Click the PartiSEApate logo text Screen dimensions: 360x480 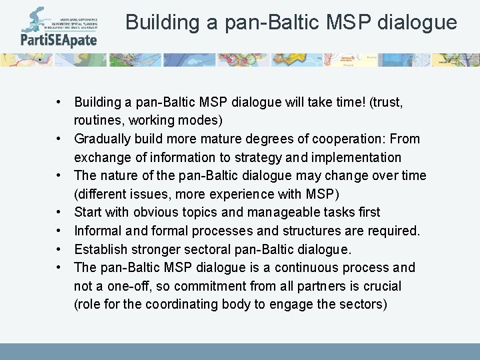[x=58, y=39]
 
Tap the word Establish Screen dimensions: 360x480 [x=101, y=249]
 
